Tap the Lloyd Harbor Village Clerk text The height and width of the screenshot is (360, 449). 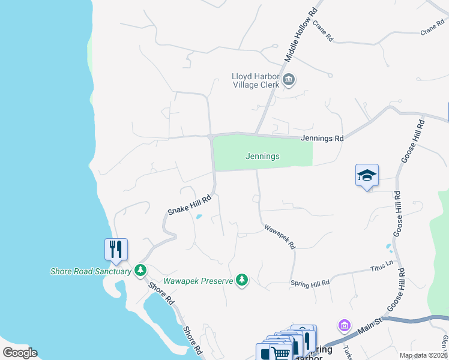[x=256, y=80]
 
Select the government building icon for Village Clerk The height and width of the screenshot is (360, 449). [x=289, y=80]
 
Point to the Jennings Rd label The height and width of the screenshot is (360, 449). [x=322, y=138]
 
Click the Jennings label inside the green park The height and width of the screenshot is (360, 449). [x=262, y=157]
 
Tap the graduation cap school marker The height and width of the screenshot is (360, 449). [x=367, y=175]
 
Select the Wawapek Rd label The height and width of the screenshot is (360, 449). [x=280, y=237]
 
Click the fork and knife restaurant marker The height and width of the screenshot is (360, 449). [x=116, y=248]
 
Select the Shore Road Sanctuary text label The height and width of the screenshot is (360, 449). [x=90, y=271]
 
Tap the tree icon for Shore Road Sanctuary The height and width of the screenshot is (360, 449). [x=140, y=271]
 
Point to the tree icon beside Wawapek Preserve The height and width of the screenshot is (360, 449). [x=242, y=280]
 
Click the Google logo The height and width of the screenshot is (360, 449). [x=20, y=353]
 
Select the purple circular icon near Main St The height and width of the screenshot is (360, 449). [x=344, y=326]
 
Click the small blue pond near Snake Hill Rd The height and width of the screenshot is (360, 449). [x=199, y=217]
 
